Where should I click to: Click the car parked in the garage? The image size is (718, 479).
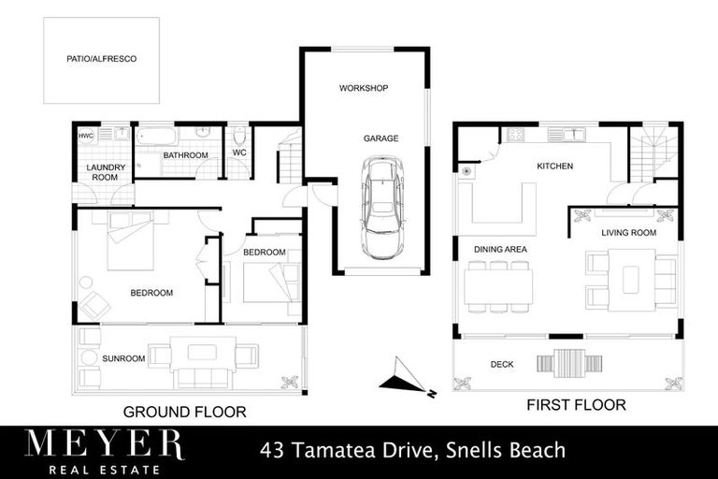[x=381, y=208]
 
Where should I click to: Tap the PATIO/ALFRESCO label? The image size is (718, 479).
[x=101, y=59]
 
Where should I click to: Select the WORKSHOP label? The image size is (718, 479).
[x=363, y=88]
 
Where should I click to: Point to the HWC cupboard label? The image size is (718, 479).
[x=87, y=136]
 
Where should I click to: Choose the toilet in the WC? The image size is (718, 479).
[x=239, y=136]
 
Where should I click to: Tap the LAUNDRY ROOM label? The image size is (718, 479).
[x=101, y=171]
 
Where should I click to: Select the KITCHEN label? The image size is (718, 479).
[x=553, y=167]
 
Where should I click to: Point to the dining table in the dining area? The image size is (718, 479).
[x=497, y=286]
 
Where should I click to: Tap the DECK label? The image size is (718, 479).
[x=503, y=363]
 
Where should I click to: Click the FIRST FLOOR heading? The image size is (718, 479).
[x=577, y=405]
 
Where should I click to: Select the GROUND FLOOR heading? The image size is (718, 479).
[x=184, y=411]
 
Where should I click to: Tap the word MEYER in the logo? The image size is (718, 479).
[x=104, y=443]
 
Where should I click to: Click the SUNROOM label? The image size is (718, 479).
[x=123, y=358]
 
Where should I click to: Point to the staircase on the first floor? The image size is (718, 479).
[x=652, y=152]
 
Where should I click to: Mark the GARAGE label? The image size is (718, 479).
[x=381, y=138]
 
